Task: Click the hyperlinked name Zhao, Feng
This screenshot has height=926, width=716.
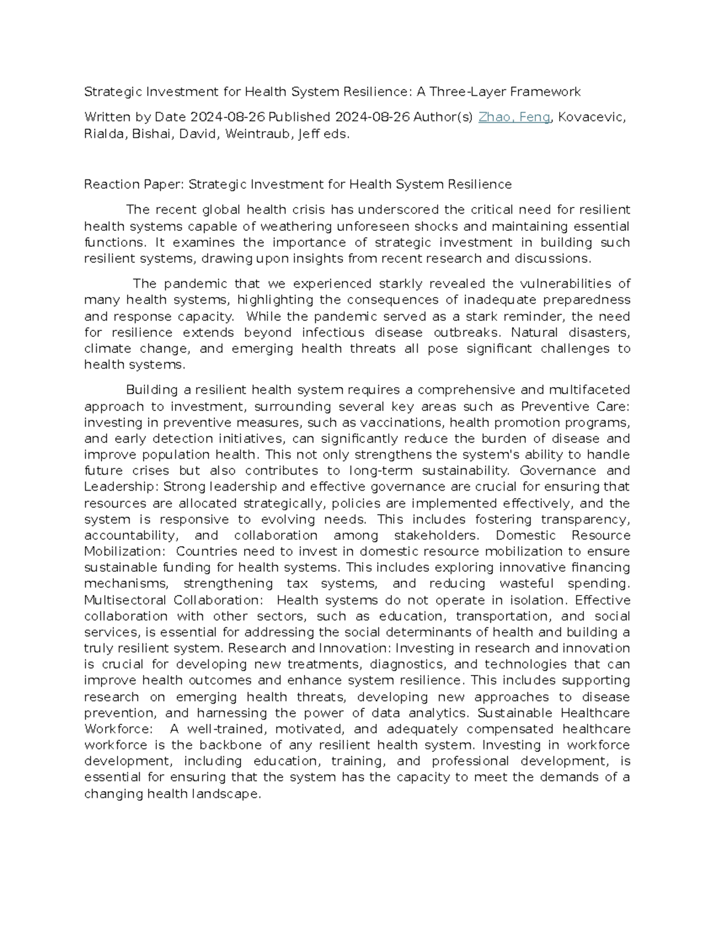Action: pos(514,117)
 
